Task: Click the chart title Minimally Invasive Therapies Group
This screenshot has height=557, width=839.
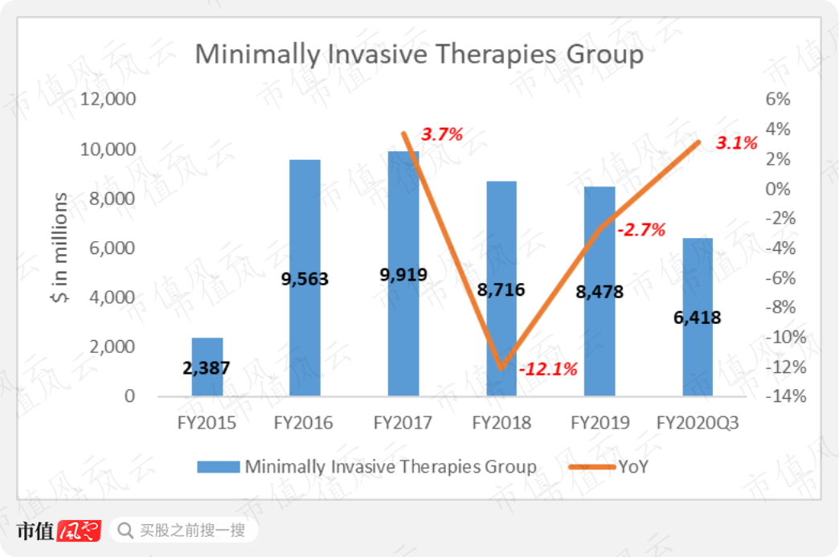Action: point(419,55)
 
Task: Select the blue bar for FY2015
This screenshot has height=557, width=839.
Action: point(207,367)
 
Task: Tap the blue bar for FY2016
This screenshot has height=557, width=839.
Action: point(305,278)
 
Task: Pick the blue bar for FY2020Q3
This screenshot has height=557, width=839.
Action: point(698,317)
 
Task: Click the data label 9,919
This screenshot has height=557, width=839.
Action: point(403,275)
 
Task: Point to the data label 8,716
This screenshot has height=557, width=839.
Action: point(501,290)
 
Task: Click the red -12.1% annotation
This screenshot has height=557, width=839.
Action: point(548,369)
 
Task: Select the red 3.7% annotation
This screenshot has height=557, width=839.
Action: point(442,133)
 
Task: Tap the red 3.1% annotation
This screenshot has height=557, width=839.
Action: point(737,143)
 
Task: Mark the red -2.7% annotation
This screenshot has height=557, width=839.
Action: point(641,230)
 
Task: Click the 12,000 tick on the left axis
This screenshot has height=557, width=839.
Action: point(108,99)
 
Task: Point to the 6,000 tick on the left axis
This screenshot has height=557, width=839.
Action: point(113,248)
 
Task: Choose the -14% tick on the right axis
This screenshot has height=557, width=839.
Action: point(785,396)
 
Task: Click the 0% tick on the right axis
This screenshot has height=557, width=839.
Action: point(777,188)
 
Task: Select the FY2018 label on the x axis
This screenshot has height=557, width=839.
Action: point(501,423)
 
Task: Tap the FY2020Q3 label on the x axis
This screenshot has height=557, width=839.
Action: point(698,423)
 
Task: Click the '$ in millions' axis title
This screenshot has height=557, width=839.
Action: point(60,248)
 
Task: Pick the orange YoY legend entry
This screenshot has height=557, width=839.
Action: point(608,467)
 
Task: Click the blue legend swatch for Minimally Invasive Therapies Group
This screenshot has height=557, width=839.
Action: point(219,467)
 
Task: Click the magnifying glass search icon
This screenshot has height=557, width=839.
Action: point(125,530)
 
